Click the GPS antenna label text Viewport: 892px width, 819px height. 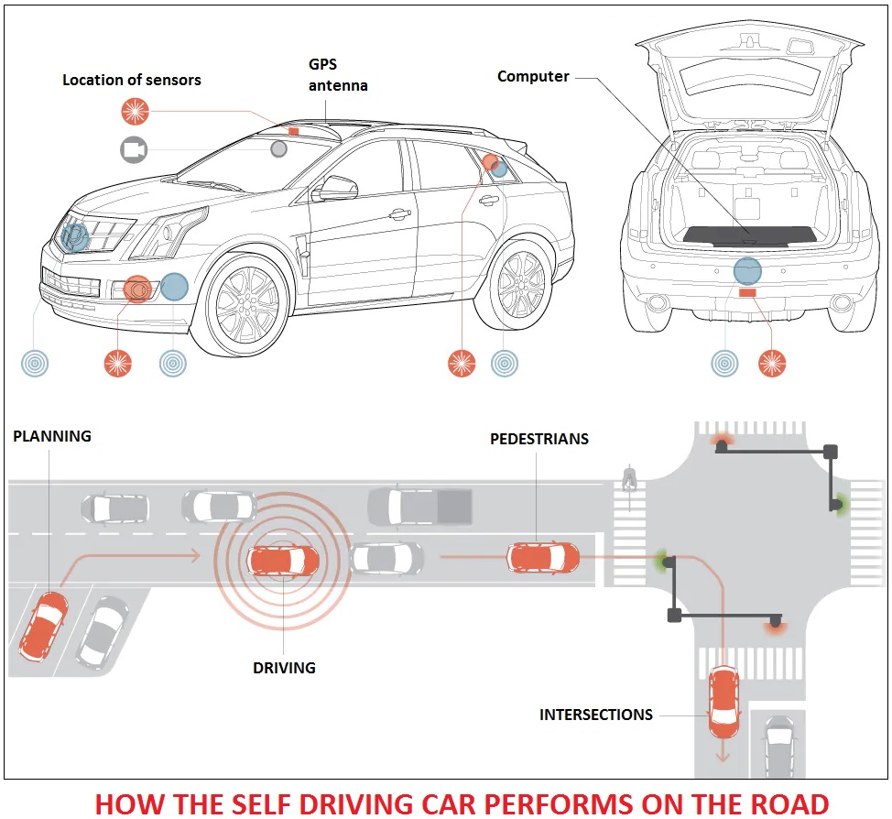[337, 76]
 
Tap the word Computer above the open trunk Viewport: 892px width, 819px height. [533, 77]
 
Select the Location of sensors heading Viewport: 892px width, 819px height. [131, 80]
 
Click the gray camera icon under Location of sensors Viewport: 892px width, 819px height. [134, 148]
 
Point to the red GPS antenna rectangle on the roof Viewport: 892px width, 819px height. [294, 132]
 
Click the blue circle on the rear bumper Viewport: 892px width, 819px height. [747, 269]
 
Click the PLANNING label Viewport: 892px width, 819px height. [52, 436]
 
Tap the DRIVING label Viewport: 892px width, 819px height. [284, 668]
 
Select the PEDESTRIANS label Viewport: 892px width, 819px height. [538, 439]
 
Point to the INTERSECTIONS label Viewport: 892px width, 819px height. [595, 715]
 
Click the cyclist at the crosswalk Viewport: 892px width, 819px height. [628, 478]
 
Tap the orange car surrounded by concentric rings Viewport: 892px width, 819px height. [284, 559]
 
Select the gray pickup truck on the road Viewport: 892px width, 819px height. [419, 507]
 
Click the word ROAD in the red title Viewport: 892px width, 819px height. [787, 803]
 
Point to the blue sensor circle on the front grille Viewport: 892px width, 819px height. [74, 235]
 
